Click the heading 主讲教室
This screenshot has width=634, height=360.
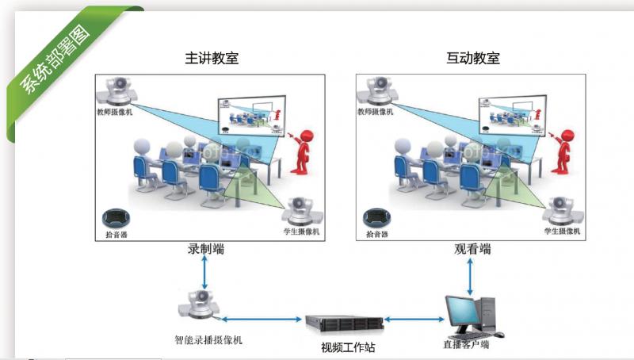pyautogui.click(x=212, y=58)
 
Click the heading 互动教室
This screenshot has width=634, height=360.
pyautogui.click(x=473, y=58)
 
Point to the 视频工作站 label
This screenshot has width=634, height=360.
pyautogui.click(x=343, y=347)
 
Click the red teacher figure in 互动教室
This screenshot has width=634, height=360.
pyautogui.click(x=562, y=151)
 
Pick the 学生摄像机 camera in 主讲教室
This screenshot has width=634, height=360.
pyautogui.click(x=300, y=212)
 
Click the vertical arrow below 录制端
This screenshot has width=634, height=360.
pyautogui.click(x=205, y=274)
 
